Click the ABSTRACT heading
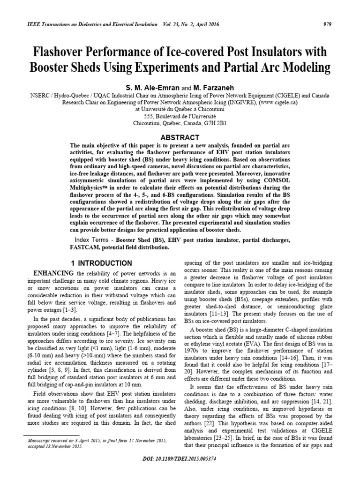point(180,137)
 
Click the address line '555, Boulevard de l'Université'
point(180,116)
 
